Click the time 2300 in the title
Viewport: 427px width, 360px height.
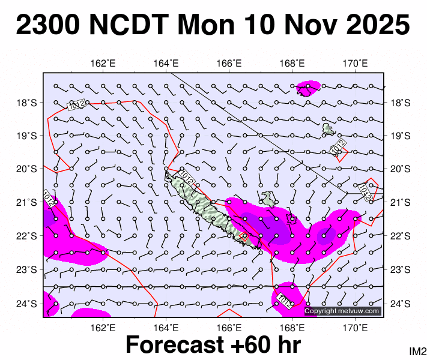pyautogui.click(x=51, y=26)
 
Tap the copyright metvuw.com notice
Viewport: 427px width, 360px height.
pyautogui.click(x=342, y=311)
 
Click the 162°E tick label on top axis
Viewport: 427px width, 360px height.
pyautogui.click(x=103, y=64)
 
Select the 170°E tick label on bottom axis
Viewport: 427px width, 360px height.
pyautogui.click(x=355, y=327)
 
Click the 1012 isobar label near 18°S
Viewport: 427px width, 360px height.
pyautogui.click(x=76, y=105)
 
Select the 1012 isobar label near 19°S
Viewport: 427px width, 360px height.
pyautogui.click(x=338, y=147)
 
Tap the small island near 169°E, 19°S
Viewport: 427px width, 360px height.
pyautogui.click(x=329, y=128)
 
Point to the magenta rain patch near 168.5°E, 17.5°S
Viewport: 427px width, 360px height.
pyautogui.click(x=307, y=88)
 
